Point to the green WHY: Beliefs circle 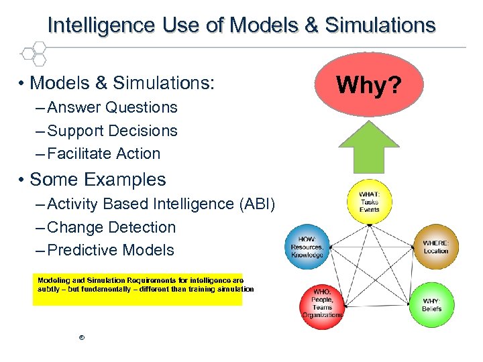[431, 304]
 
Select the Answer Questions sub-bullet [113, 107]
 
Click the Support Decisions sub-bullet [113, 131]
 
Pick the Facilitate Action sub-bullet [104, 154]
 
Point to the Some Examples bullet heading [98, 180]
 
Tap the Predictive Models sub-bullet [111, 250]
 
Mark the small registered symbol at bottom [81, 337]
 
